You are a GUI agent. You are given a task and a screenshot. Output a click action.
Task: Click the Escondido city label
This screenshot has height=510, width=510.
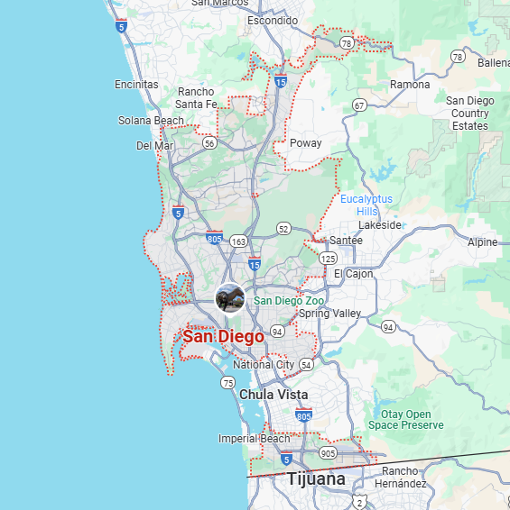pyautogui.click(x=272, y=21)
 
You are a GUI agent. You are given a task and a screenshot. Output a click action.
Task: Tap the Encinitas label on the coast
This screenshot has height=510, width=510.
pyautogui.click(x=136, y=85)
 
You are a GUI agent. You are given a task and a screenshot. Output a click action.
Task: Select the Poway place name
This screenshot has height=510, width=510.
pyautogui.click(x=305, y=143)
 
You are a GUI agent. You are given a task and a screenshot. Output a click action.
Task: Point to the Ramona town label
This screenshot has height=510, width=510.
pyautogui.click(x=410, y=85)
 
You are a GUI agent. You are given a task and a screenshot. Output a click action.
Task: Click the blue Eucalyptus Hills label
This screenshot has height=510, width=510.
pyautogui.click(x=366, y=205)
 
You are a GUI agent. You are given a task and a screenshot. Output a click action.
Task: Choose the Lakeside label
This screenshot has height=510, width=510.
pyautogui.click(x=379, y=225)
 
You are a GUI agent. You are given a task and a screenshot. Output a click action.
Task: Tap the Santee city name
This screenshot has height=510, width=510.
pyautogui.click(x=346, y=241)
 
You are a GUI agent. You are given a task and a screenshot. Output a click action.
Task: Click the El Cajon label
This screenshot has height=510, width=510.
pyautogui.click(x=353, y=274)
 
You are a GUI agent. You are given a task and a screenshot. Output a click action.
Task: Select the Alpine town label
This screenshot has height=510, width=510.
pyautogui.click(x=482, y=242)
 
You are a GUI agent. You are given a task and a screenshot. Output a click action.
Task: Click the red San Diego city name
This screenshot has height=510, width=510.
pyautogui.click(x=223, y=337)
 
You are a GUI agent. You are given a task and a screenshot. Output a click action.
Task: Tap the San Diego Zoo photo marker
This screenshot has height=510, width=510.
pyautogui.click(x=230, y=298)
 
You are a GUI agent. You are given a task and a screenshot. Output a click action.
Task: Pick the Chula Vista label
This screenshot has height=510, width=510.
pyautogui.click(x=274, y=395)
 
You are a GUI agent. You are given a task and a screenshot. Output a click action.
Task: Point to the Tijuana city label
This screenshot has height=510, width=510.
pyautogui.click(x=316, y=479)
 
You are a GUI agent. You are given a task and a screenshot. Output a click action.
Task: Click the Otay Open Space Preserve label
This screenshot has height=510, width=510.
pyautogui.click(x=406, y=420)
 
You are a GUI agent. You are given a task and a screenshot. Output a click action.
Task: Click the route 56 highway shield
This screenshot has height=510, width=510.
pyautogui.click(x=209, y=142)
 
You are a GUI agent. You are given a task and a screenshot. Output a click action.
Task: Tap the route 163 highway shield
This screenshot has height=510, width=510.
pyautogui.click(x=238, y=241)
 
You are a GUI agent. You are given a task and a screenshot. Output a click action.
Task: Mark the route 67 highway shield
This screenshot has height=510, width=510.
pyautogui.click(x=359, y=105)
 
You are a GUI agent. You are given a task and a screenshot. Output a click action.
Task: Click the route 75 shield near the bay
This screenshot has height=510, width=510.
pyautogui.click(x=227, y=383)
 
